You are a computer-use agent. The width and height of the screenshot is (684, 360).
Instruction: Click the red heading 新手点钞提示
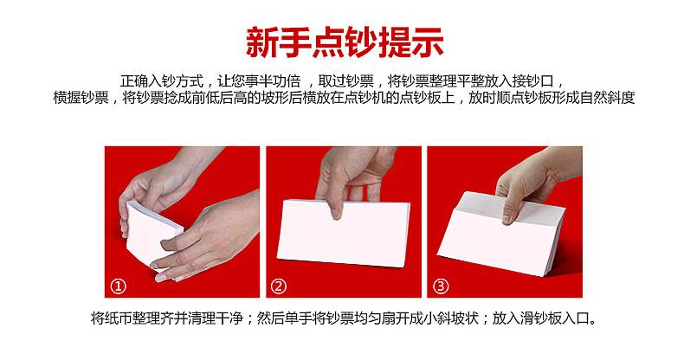(345, 42)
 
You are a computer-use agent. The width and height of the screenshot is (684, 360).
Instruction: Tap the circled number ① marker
(119, 286)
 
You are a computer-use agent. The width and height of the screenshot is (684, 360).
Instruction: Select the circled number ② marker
(279, 286)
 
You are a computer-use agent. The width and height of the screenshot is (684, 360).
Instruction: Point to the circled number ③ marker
(440, 286)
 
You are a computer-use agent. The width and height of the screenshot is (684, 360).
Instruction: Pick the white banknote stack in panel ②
(344, 233)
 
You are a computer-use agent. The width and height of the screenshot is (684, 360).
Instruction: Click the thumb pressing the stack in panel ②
(335, 205)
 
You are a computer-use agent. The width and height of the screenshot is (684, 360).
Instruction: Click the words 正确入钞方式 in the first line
(162, 81)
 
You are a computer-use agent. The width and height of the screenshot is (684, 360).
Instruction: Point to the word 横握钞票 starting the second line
(81, 98)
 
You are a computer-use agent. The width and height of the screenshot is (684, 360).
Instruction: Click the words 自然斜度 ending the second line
(607, 98)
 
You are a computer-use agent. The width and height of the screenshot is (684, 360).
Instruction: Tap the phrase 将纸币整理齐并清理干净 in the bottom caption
(166, 318)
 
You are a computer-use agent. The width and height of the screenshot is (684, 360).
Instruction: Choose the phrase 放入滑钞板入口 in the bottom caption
(541, 318)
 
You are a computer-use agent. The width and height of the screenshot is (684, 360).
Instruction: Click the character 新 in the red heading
(262, 42)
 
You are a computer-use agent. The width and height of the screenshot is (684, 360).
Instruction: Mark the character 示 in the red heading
(428, 42)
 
